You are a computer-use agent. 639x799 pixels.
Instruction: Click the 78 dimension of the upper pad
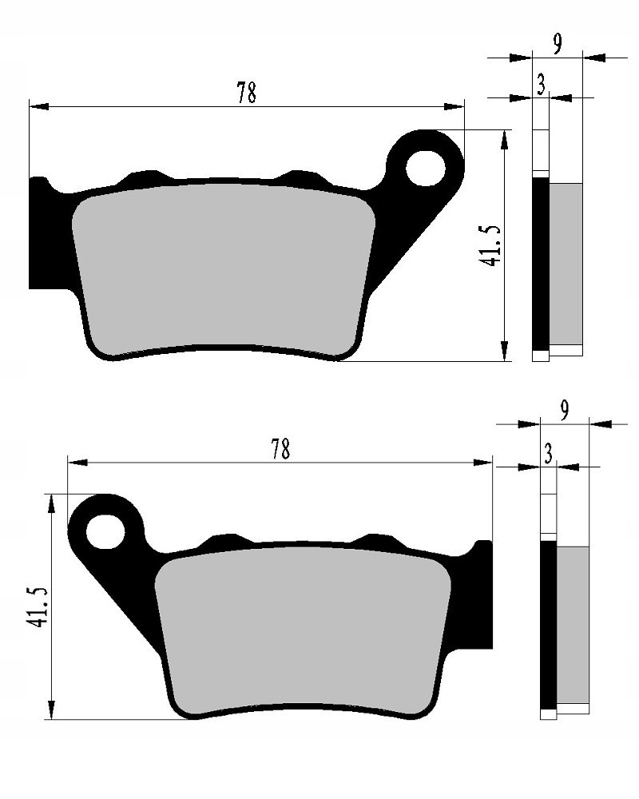[x=246, y=93]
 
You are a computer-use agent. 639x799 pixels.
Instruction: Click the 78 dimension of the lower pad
[x=279, y=450]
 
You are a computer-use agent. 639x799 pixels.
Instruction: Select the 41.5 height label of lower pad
[x=37, y=607]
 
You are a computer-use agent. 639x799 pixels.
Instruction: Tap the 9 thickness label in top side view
[x=558, y=45]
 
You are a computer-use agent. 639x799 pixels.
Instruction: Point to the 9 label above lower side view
[x=565, y=411]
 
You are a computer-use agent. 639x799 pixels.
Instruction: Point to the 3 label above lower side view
[x=548, y=455]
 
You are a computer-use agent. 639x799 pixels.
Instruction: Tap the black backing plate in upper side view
[x=541, y=264]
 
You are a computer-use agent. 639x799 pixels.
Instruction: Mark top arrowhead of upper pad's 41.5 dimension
[x=504, y=141]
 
